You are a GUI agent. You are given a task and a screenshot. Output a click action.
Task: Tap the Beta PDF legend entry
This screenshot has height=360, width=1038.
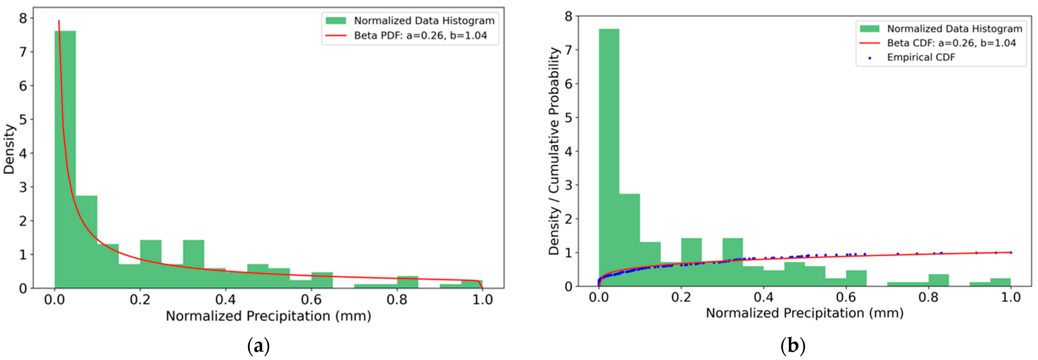pos(420,36)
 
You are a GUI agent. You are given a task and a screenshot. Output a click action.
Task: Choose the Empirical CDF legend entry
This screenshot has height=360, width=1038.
pos(921,57)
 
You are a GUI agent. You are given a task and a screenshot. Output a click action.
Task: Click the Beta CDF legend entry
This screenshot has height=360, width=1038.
pos(951,43)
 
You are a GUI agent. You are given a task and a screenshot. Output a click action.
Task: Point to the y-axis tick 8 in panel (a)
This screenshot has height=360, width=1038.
pos(23,18)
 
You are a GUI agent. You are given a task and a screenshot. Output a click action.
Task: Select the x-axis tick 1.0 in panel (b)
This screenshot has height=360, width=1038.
pos(1011,297)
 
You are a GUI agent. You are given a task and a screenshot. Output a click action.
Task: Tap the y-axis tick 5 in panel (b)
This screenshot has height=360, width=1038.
pos(568,118)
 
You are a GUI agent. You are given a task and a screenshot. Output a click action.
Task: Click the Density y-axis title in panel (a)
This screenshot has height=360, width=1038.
pos(9,149)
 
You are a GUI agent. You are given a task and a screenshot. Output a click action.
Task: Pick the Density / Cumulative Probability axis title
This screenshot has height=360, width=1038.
pos(554,151)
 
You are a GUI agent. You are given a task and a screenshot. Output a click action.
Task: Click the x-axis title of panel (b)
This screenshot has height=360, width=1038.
pos(804,313)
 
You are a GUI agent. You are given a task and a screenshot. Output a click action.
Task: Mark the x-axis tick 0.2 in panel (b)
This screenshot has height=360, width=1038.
pos(681,297)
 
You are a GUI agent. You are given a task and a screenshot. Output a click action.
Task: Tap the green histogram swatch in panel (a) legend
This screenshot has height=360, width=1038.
pos(336,21)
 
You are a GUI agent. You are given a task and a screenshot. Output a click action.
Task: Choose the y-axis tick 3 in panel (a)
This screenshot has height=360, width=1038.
pos(23,187)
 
